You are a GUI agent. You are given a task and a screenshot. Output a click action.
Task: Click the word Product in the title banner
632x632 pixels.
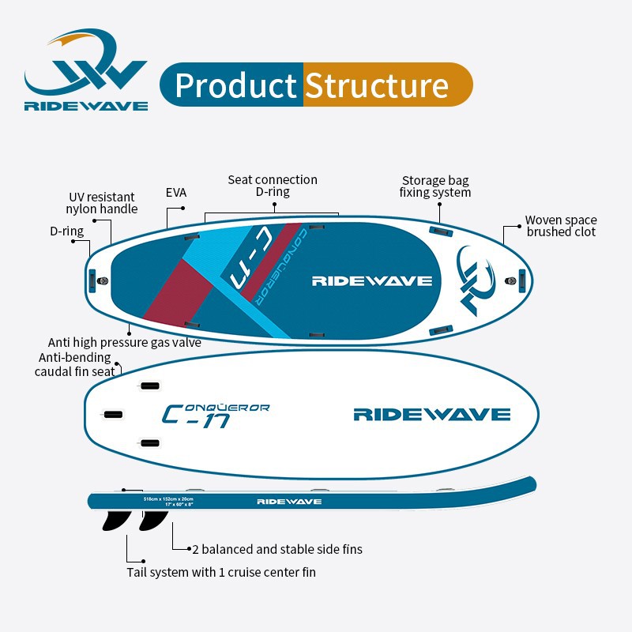(235, 85)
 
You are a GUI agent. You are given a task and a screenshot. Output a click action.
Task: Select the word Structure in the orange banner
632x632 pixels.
(377, 85)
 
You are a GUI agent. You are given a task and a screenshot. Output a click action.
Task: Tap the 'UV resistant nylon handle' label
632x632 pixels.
(101, 203)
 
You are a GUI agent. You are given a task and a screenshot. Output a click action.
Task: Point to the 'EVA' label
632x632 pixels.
(176, 192)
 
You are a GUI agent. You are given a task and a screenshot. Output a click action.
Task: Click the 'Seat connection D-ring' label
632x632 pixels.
(273, 186)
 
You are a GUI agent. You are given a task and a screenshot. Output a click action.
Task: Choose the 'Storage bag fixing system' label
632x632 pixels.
(435, 186)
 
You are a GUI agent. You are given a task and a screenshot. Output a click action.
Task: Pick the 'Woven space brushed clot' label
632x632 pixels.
(561, 226)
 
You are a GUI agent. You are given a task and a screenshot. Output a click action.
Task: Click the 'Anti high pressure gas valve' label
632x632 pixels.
(124, 342)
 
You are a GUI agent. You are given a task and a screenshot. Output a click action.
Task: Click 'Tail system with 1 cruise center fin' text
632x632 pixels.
(221, 572)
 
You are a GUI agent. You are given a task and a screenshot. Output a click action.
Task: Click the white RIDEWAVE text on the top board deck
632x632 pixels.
(371, 280)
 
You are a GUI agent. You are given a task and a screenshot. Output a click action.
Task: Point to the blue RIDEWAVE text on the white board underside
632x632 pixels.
(431, 414)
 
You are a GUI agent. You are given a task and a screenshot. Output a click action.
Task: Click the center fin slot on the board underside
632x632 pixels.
(114, 414)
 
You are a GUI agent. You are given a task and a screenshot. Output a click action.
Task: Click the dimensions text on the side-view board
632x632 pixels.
(167, 502)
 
